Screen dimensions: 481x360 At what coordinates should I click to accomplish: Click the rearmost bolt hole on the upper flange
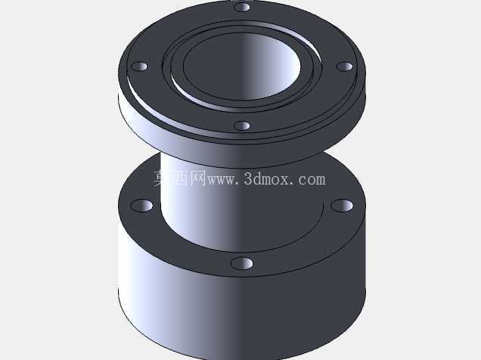click(x=242, y=7)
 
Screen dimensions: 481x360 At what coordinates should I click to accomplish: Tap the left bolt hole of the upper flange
click(x=140, y=67)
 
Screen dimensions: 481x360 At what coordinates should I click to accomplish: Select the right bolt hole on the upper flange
click(x=345, y=67)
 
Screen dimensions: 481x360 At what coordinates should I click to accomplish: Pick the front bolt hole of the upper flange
click(x=242, y=126)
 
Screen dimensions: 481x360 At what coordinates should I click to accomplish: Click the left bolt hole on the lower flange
click(x=141, y=206)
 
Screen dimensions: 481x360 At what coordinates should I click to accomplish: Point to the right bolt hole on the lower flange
click(x=342, y=206)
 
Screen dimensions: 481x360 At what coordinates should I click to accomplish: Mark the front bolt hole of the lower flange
click(x=242, y=264)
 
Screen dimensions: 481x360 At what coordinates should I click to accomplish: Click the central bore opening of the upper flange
click(x=242, y=67)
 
